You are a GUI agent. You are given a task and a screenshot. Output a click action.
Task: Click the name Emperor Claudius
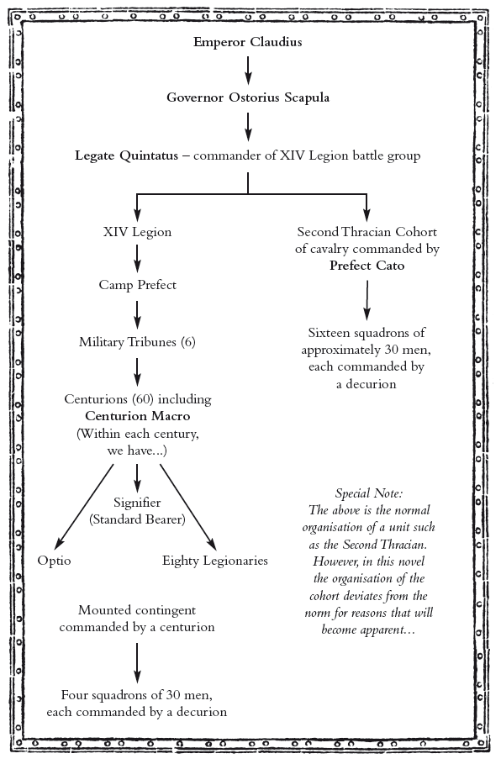click(x=248, y=42)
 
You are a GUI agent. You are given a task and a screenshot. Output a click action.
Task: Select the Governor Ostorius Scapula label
click(x=248, y=97)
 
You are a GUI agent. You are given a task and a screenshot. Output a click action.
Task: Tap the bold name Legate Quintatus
click(x=127, y=156)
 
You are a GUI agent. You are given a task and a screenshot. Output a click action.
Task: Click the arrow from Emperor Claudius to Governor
click(x=248, y=71)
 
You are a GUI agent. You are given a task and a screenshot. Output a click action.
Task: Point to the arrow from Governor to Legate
click(x=248, y=127)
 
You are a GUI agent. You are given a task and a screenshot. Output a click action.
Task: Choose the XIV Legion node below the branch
click(x=137, y=232)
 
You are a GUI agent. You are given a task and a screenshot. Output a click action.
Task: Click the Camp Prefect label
click(x=137, y=285)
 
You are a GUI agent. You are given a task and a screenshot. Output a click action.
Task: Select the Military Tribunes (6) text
click(x=137, y=342)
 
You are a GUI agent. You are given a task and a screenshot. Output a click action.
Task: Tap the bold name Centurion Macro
click(x=137, y=416)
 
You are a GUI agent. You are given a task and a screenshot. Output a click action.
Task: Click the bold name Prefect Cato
click(x=367, y=266)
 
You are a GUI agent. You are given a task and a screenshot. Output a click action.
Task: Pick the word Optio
click(x=54, y=561)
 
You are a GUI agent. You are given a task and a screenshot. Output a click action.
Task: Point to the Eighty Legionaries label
click(x=215, y=561)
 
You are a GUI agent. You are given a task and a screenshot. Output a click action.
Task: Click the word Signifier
click(x=137, y=503)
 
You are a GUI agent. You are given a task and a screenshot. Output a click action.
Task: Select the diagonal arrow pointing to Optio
click(x=85, y=507)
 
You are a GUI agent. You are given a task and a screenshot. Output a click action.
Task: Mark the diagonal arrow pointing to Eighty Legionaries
click(x=188, y=507)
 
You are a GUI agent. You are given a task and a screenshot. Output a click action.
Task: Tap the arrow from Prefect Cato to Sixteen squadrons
click(x=367, y=300)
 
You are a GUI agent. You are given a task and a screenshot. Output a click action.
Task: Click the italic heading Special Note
click(x=369, y=493)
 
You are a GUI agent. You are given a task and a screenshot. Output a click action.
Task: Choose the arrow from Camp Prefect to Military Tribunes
click(x=137, y=314)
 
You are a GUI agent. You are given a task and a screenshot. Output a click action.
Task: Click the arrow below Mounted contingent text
click(x=137, y=663)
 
